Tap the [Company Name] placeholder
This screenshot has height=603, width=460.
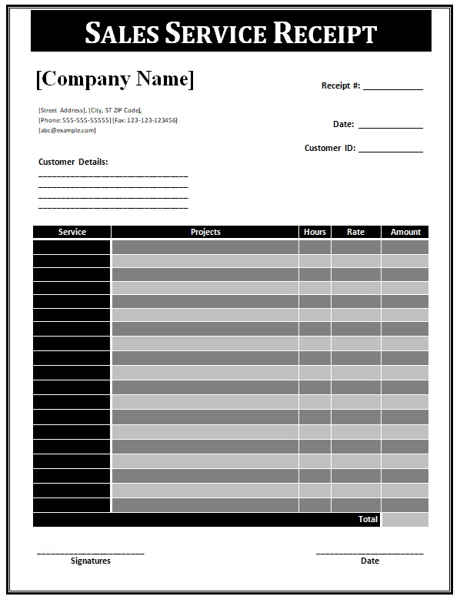tap(115, 79)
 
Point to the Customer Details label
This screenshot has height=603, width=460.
tap(73, 162)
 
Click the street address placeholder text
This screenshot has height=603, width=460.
tap(89, 110)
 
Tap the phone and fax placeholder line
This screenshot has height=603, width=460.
tap(108, 120)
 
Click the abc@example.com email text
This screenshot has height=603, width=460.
tap(67, 130)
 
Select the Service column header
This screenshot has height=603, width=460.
tap(72, 232)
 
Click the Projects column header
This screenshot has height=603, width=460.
tap(205, 232)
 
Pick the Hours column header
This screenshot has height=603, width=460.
tap(315, 232)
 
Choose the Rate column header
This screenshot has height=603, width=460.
tap(355, 232)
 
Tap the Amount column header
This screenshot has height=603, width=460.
tap(405, 232)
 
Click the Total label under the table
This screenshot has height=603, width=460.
tap(368, 520)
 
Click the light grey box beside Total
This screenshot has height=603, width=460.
tap(405, 520)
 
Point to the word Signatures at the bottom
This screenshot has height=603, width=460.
tap(90, 561)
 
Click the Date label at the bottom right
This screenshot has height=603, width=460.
tap(369, 561)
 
